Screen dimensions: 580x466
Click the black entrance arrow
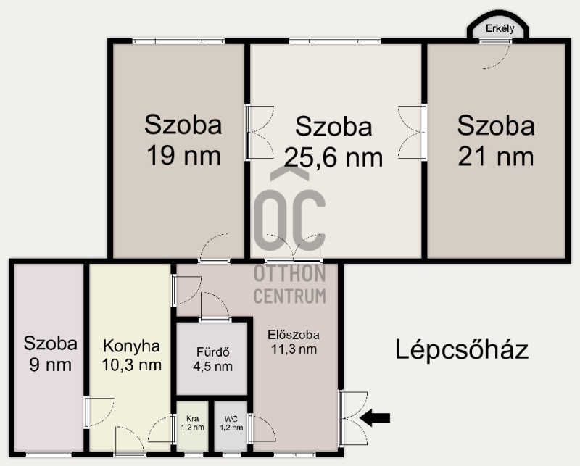(375, 418)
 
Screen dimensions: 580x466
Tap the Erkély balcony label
(500, 28)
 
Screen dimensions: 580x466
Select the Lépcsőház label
(462, 349)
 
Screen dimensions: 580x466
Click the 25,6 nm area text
(333, 157)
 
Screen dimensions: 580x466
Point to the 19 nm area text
(184, 156)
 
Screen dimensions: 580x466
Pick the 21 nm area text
(496, 156)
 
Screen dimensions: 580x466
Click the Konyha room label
(131, 346)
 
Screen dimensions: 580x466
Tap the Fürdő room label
(212, 351)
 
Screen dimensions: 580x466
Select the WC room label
(231, 419)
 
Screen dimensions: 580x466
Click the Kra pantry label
(192, 419)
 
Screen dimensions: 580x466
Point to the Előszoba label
(294, 335)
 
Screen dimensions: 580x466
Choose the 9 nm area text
(50, 365)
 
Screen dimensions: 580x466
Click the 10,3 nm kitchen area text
(132, 365)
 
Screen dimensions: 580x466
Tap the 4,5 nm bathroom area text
(212, 367)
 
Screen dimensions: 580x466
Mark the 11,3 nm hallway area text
(294, 349)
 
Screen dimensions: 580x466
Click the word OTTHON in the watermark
(289, 273)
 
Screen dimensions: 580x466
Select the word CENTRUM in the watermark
(289, 296)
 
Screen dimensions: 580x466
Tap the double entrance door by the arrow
(354, 418)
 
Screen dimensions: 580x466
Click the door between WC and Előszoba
(262, 428)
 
